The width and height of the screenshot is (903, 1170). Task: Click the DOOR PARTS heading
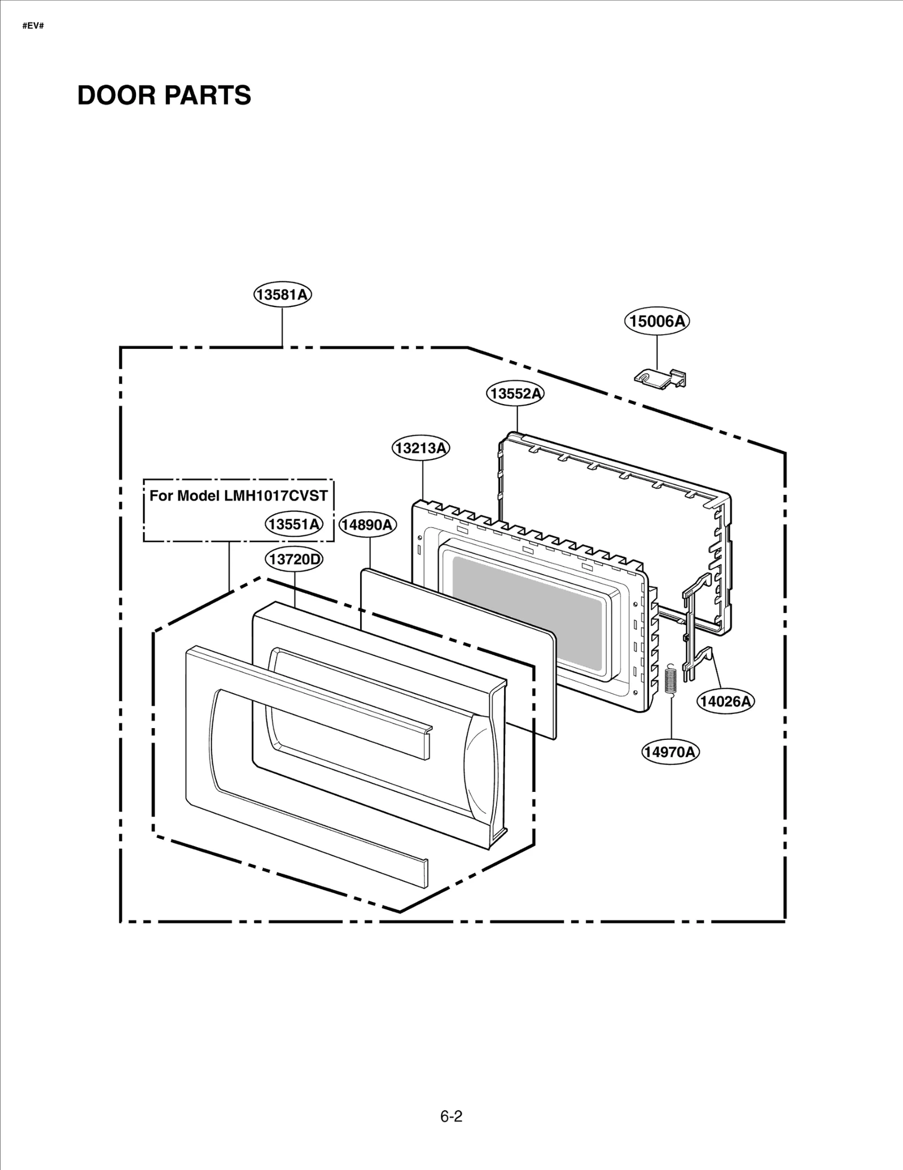164,95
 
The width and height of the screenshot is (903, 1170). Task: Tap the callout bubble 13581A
282,295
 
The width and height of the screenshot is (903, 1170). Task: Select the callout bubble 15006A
657,321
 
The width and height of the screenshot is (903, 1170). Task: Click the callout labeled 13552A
515,393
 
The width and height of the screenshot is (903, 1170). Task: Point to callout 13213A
421,448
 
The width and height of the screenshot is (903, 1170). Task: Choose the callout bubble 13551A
294,524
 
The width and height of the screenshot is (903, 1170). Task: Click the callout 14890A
367,525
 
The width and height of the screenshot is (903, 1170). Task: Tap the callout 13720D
294,559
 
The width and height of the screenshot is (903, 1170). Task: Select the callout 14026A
725,702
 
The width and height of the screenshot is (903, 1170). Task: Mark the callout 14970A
670,752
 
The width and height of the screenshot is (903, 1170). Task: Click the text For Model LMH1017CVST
238,496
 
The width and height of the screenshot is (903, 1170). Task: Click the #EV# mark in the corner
33,26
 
